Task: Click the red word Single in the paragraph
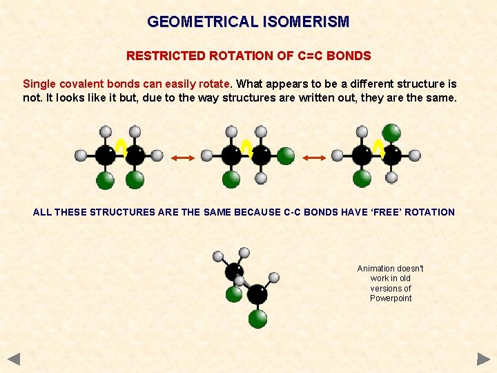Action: (x=40, y=84)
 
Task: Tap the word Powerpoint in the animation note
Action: (x=391, y=298)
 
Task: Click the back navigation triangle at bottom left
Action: (x=14, y=358)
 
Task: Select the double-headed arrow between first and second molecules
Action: (x=182, y=158)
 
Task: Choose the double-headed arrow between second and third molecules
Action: (x=314, y=158)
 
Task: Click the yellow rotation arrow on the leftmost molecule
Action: (x=120, y=147)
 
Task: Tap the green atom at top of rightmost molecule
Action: (x=391, y=132)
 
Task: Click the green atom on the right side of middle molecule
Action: (x=286, y=156)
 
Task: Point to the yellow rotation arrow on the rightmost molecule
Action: (x=378, y=147)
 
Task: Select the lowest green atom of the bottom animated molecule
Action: (x=257, y=318)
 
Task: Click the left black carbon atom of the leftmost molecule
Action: (x=105, y=155)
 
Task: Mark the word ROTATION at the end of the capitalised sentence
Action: (x=429, y=212)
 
